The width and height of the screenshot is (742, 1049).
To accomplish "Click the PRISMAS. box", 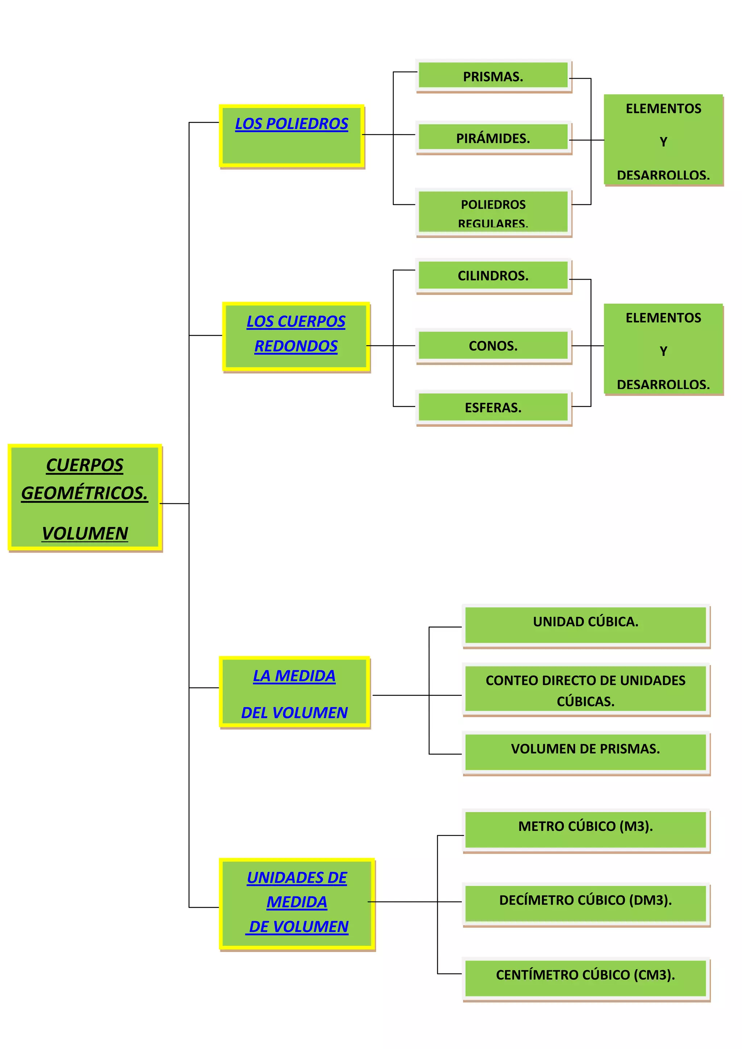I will [x=493, y=76].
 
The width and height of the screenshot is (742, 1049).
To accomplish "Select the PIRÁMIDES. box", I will [x=493, y=138].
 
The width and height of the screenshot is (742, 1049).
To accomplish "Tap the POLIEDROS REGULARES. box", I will [x=493, y=212].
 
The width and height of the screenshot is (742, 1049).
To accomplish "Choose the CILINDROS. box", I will [x=493, y=276].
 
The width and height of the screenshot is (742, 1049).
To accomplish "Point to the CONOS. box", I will [x=493, y=346].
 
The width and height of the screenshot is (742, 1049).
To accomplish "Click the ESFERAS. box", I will [x=493, y=407].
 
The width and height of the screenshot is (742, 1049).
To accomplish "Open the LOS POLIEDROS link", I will [x=292, y=124].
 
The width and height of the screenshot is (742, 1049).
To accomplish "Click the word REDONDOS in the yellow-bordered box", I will [x=296, y=346].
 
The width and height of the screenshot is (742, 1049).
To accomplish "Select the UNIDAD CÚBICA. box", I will [x=585, y=622].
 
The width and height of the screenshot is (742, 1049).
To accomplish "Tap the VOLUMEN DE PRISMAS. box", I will [x=585, y=749].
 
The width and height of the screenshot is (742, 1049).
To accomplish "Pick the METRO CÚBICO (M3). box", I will [x=585, y=826].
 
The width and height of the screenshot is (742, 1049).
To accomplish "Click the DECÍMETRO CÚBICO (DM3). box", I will [x=585, y=900].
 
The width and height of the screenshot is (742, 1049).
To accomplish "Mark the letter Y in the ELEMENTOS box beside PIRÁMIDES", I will [x=663, y=142].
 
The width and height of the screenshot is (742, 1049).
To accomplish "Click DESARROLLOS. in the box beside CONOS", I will [x=663, y=384].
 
